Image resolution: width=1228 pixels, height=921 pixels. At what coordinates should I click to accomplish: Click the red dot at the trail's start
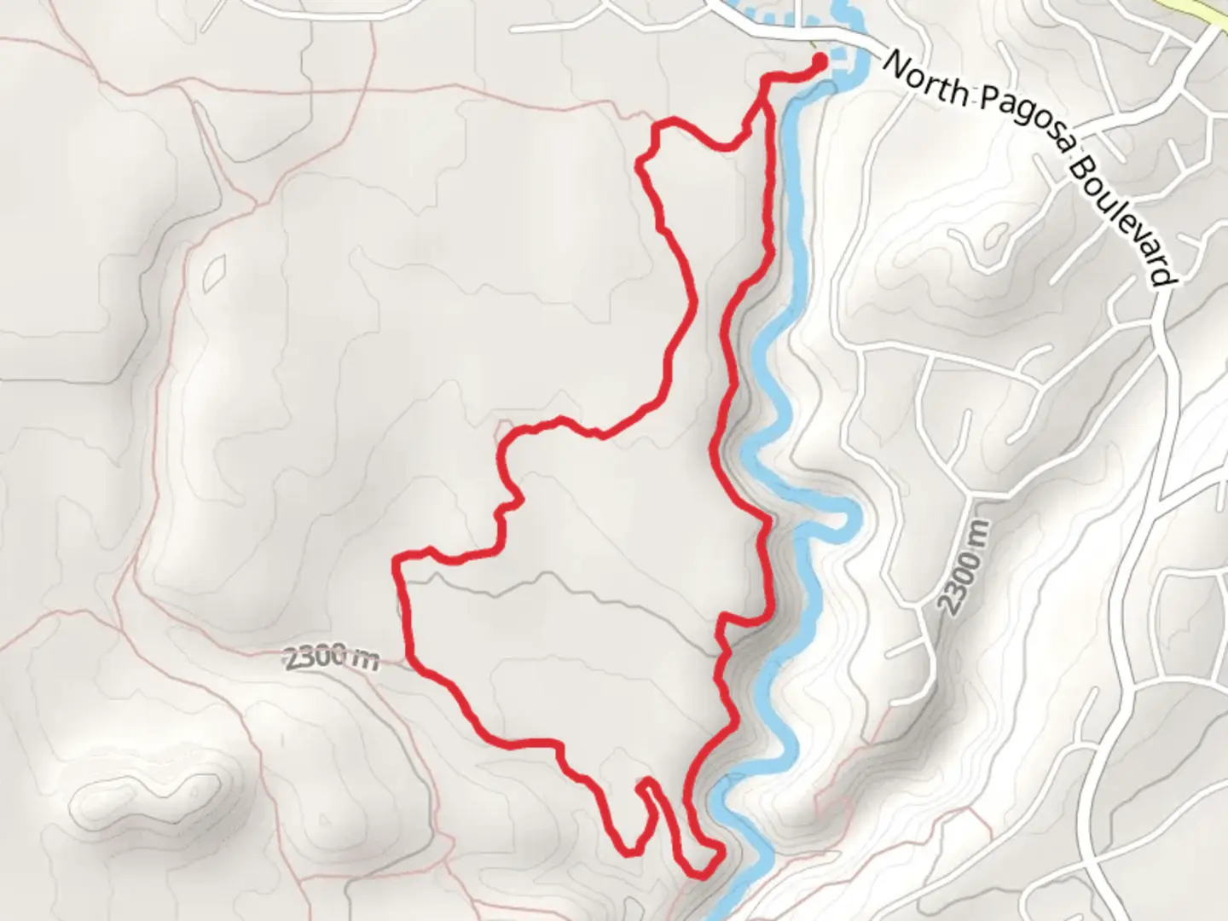(x=819, y=61)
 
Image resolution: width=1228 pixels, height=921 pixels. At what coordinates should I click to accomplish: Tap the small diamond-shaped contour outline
(x=215, y=273)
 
